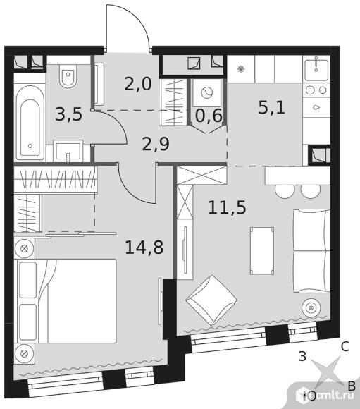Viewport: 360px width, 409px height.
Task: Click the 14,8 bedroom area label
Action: click(144, 248)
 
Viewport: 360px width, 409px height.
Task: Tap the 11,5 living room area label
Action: click(227, 207)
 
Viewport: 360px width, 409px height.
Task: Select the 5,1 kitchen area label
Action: click(271, 107)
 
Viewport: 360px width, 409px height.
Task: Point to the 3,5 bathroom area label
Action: click(69, 114)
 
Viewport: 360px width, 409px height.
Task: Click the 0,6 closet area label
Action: click(209, 116)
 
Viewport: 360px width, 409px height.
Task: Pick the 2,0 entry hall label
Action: click(137, 84)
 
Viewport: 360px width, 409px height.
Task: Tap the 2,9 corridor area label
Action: click(156, 144)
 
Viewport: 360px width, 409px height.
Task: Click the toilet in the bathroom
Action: click(68, 75)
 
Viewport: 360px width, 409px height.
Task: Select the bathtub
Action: click(30, 123)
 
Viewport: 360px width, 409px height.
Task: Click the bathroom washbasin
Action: click(68, 150)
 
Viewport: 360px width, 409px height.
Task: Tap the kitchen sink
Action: click(316, 70)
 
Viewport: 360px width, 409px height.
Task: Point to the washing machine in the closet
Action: click(206, 93)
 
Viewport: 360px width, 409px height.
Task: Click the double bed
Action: click(67, 301)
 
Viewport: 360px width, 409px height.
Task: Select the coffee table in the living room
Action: click(262, 250)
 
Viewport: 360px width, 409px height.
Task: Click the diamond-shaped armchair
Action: click(211, 300)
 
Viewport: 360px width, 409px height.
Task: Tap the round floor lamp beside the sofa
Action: click(311, 308)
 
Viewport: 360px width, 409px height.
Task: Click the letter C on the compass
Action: click(345, 347)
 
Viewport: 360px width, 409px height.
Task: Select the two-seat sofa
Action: click(312, 251)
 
